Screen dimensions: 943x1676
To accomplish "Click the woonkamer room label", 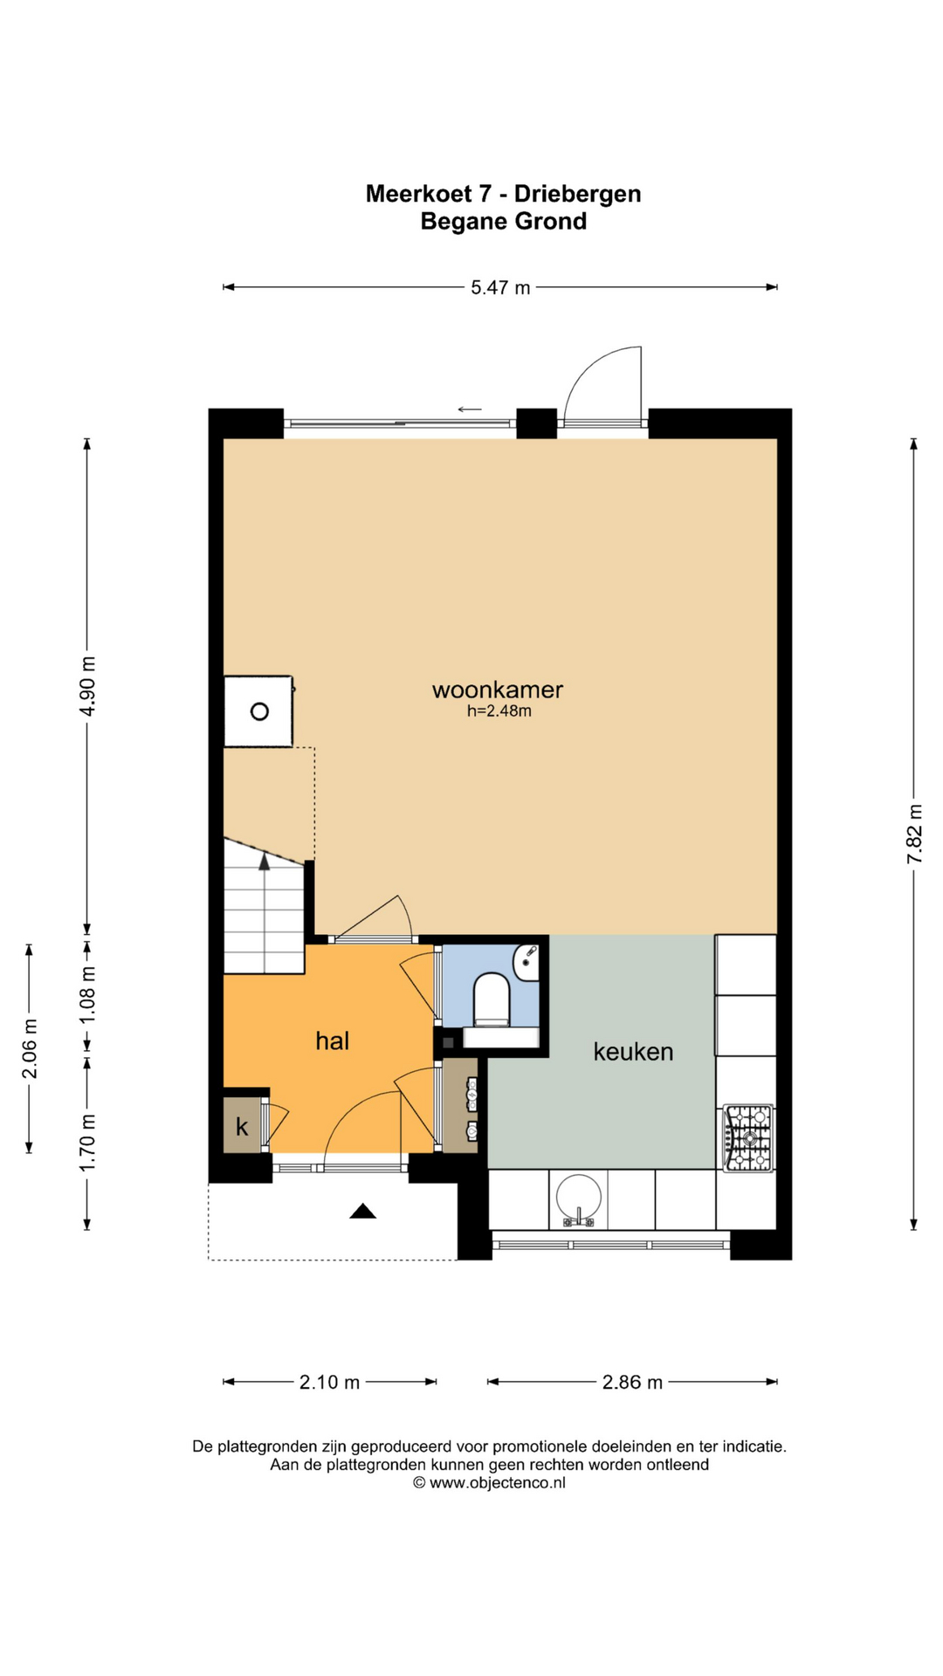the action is [498, 690].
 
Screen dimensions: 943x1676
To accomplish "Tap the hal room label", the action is [333, 1041].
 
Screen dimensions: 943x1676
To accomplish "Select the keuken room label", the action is [633, 1052].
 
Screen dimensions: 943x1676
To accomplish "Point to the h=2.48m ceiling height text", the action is [499, 711].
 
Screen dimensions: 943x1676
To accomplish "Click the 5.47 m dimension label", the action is [500, 287].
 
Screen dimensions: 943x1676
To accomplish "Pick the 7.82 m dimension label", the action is [914, 834].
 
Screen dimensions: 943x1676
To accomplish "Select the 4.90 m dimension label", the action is [87, 685].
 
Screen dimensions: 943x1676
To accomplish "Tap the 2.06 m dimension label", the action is [30, 1047].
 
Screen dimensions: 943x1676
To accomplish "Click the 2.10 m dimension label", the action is [330, 1382].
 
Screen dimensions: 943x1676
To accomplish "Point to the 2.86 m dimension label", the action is [633, 1382].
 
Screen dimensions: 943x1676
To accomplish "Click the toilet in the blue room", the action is [492, 999].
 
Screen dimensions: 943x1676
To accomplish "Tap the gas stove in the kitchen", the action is [749, 1137].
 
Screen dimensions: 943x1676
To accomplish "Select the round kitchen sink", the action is [579, 1199].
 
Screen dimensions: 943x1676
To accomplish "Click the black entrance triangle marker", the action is [362, 1211].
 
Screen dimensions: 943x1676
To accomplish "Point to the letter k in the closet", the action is [242, 1126].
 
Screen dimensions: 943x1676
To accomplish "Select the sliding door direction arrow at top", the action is [470, 409].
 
